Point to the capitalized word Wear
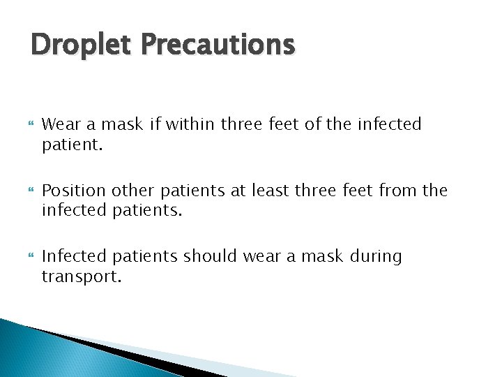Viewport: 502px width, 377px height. click(x=59, y=124)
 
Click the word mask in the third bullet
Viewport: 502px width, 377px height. click(x=318, y=257)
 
